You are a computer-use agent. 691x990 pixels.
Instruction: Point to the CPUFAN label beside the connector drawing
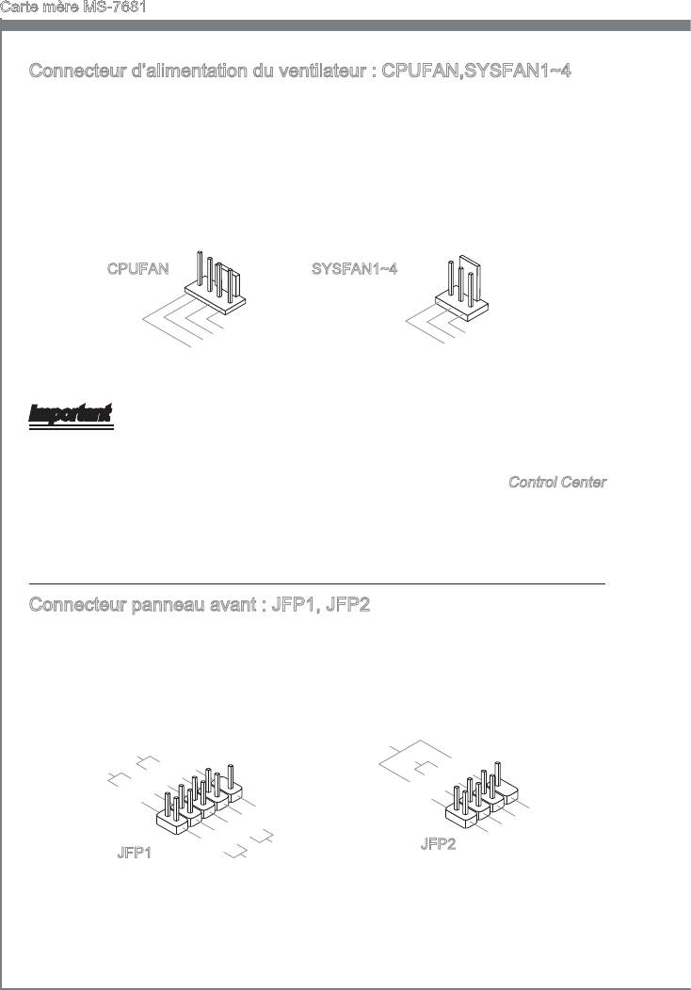tap(137, 269)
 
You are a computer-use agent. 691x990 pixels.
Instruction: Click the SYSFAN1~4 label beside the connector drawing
tap(354, 269)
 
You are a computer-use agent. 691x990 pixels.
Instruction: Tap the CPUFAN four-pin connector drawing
tap(217, 282)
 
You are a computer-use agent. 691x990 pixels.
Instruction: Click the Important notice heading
tap(71, 414)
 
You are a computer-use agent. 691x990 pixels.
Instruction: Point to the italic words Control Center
tap(557, 482)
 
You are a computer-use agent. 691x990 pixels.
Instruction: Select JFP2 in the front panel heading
tap(346, 605)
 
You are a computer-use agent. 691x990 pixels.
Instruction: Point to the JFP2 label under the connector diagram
tap(438, 844)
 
